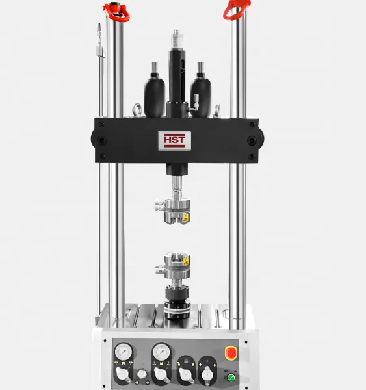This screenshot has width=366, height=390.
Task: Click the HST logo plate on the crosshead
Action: coord(175,141)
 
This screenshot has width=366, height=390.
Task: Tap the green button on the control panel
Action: coord(231,378)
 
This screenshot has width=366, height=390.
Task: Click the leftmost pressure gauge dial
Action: coord(124,352)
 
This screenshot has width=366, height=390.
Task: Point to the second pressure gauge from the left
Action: coord(161,352)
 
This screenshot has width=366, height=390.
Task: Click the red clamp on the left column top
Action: coord(116,12)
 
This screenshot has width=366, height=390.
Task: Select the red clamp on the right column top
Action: coord(237,10)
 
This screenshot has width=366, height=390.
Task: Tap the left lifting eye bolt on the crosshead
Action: coord(137,110)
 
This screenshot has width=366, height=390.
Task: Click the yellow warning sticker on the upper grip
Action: coord(186,218)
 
